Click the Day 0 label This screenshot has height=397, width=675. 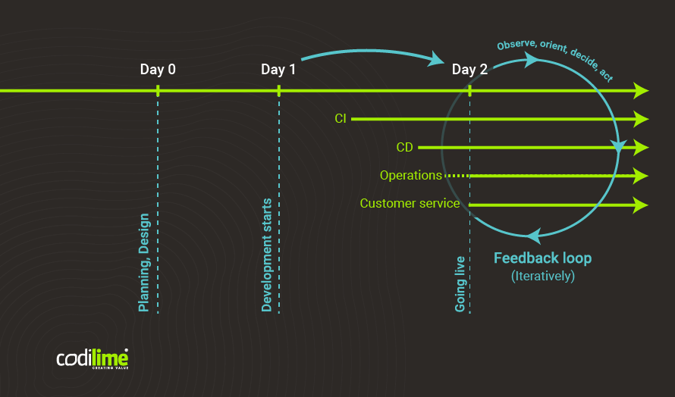pos(158,70)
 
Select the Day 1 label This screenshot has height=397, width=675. pos(278,70)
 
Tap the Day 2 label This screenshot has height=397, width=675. pos(469,70)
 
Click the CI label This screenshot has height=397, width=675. pos(341,119)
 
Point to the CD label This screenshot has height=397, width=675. pos(404,148)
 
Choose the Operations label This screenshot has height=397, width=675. pos(410,176)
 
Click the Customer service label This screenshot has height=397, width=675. pos(410,204)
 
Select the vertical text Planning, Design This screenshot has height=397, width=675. pos(144,263)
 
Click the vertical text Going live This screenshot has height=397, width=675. pos(460,284)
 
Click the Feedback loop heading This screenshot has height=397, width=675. pos(542,258)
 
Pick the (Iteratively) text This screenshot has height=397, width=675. pos(543,277)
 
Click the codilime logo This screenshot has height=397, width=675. pos(92,358)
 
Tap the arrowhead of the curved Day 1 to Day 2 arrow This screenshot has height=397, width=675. pos(437,58)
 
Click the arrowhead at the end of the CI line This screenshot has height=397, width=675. pos(641,119)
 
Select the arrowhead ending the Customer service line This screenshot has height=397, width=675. pos(641,205)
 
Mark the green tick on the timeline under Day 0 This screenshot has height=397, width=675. pos(158,91)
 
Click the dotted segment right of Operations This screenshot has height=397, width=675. pos(456,176)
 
